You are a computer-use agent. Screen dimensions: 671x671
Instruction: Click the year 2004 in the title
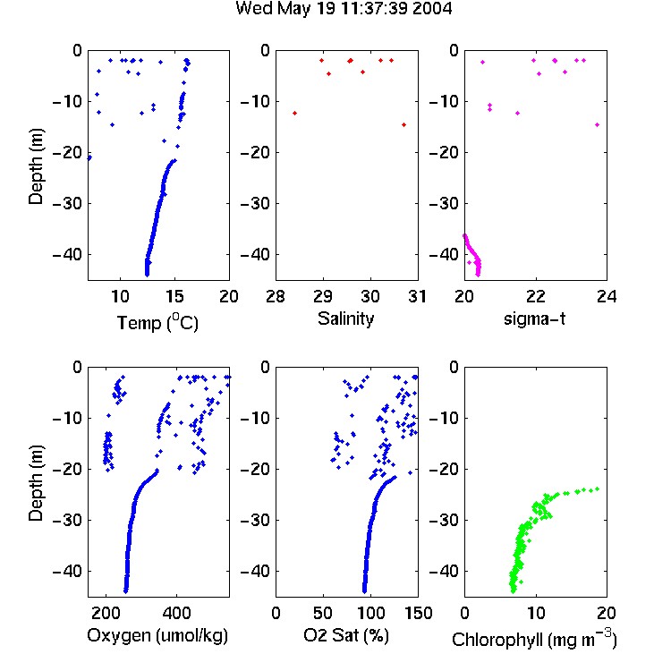click(x=432, y=8)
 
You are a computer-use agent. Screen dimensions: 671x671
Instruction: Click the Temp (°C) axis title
click(x=157, y=322)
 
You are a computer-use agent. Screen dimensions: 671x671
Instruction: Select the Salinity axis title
click(x=345, y=319)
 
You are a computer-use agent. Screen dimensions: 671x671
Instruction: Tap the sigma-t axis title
click(x=534, y=319)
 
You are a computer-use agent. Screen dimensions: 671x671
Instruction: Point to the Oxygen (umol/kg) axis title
click(x=157, y=635)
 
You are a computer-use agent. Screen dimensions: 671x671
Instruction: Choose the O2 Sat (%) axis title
click(x=346, y=635)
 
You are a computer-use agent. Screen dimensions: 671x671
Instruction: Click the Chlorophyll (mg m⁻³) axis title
click(x=534, y=639)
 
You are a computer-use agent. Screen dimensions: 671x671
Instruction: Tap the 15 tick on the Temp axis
click(x=174, y=296)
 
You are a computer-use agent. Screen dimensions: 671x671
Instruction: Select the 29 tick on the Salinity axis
click(x=323, y=296)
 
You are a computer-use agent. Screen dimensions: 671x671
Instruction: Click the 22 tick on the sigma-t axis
click(x=535, y=296)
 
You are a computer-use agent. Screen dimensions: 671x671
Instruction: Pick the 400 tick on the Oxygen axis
click(x=176, y=613)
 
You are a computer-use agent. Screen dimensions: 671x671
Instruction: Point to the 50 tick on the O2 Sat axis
click(x=323, y=613)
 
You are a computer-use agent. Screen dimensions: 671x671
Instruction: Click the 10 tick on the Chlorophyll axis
click(x=535, y=613)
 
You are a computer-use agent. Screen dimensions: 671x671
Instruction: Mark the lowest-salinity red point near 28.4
click(x=295, y=113)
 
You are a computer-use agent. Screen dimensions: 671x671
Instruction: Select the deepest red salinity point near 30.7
click(x=404, y=125)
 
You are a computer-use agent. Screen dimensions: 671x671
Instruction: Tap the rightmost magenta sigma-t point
click(x=598, y=125)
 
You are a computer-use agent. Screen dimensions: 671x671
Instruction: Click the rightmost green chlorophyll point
click(x=598, y=488)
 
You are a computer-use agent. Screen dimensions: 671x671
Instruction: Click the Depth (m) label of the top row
click(x=36, y=166)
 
